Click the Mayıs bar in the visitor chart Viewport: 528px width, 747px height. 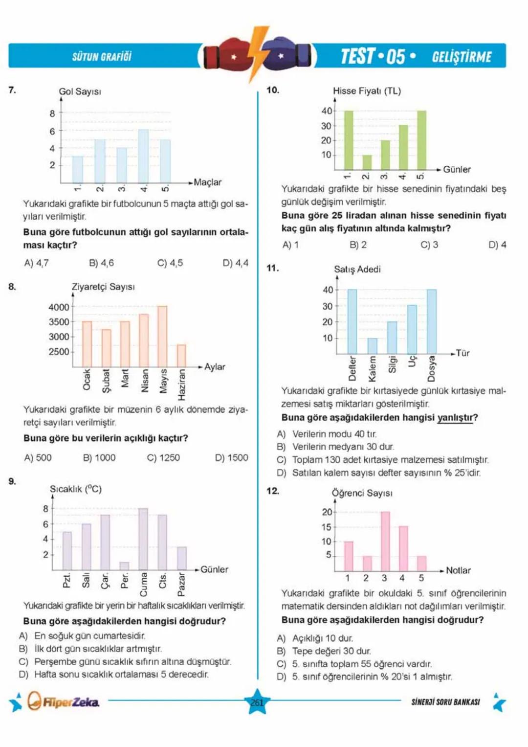pyautogui.click(x=162, y=336)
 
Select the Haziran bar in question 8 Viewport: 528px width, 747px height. pyautogui.click(x=181, y=356)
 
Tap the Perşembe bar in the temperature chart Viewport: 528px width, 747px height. pyautogui.click(x=124, y=566)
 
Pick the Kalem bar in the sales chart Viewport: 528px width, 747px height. pyautogui.click(x=373, y=346)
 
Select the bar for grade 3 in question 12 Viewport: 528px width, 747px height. pyautogui.click(x=385, y=541)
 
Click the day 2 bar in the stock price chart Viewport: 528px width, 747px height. pyautogui.click(x=367, y=162)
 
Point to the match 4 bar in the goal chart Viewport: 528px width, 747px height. pyautogui.click(x=143, y=156)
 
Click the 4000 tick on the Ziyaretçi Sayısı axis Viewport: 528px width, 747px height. pyautogui.click(x=59, y=307)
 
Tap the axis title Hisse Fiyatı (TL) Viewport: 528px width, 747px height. pyautogui.click(x=367, y=91)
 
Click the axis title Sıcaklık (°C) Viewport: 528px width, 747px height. pyautogui.click(x=75, y=489)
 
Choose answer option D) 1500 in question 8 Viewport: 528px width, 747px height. pyautogui.click(x=231, y=457)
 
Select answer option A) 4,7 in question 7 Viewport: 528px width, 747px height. pyautogui.click(x=36, y=263)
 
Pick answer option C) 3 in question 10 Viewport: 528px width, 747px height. pyautogui.click(x=429, y=245)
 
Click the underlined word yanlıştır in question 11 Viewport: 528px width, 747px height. pyautogui.click(x=455, y=417)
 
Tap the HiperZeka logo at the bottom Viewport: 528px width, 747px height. pyautogui.click(x=64, y=702)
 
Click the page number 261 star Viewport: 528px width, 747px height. pyautogui.click(x=257, y=702)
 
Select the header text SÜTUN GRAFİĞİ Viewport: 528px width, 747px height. pyautogui.click(x=102, y=57)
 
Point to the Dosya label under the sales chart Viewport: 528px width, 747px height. pyautogui.click(x=431, y=368)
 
